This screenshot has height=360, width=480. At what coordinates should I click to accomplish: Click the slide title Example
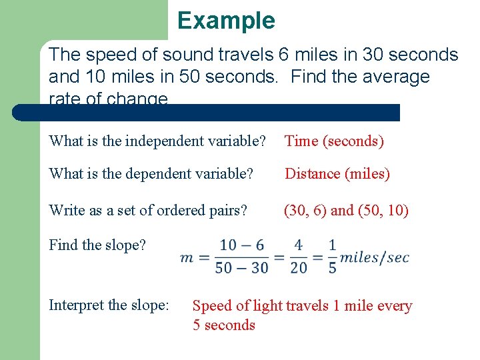226,21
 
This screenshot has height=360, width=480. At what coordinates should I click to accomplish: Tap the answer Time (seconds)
334,141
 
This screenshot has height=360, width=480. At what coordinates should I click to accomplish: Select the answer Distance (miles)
337,174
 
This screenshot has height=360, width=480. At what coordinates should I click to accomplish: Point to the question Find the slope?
97,245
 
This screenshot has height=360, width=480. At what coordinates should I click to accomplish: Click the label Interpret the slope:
109,305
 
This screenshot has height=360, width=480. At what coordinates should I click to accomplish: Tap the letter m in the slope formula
187,257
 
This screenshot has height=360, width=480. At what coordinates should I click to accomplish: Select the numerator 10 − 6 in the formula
241,245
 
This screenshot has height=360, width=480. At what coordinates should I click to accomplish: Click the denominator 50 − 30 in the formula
241,268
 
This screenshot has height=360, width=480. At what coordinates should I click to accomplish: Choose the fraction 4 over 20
299,257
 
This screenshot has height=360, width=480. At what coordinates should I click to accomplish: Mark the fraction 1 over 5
332,257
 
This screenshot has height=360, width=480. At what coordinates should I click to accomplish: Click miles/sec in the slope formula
375,257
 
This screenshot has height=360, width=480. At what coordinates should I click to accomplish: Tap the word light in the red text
265,306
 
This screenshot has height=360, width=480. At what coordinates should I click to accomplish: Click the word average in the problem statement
394,77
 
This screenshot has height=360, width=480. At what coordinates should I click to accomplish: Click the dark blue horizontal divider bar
207,112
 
